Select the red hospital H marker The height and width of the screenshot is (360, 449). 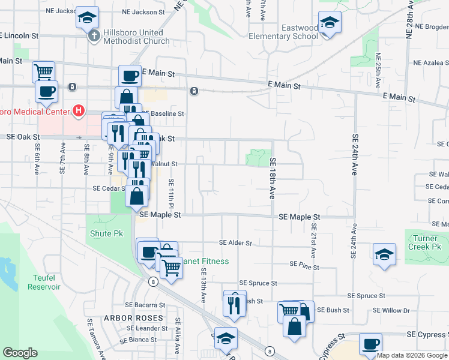[x=78, y=110]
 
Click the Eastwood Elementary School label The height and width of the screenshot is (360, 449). [x=300, y=32]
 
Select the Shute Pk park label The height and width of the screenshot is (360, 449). [x=106, y=233]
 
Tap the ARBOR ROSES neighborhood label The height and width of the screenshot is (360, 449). [x=133, y=317]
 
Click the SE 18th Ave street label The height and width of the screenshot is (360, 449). [x=272, y=179]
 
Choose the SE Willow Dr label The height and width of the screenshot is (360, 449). [x=391, y=310]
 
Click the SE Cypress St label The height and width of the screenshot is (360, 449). [x=427, y=334]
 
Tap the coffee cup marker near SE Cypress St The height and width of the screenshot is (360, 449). [x=370, y=344]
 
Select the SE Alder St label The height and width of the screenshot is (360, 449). [x=235, y=243]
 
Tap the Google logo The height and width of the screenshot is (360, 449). [x=20, y=353]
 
